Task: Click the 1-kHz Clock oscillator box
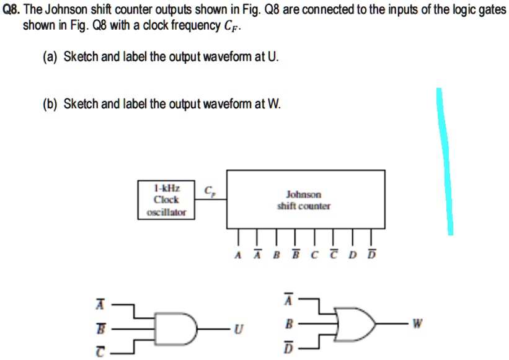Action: coord(166,200)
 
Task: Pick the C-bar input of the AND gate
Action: coord(97,351)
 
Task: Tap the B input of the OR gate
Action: coord(288,323)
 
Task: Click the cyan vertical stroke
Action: coord(446,161)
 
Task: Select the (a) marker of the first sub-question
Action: coord(50,57)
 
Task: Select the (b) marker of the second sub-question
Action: coord(50,103)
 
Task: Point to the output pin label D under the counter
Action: coord(353,255)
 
